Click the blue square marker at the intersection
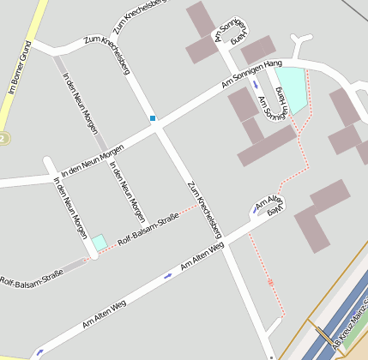click(x=153, y=118)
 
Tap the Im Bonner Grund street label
click(x=20, y=67)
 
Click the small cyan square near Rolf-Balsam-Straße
click(x=100, y=243)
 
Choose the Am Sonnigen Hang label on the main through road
click(x=251, y=77)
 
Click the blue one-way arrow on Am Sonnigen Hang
click(x=255, y=86)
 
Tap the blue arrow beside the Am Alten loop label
click(x=256, y=210)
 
